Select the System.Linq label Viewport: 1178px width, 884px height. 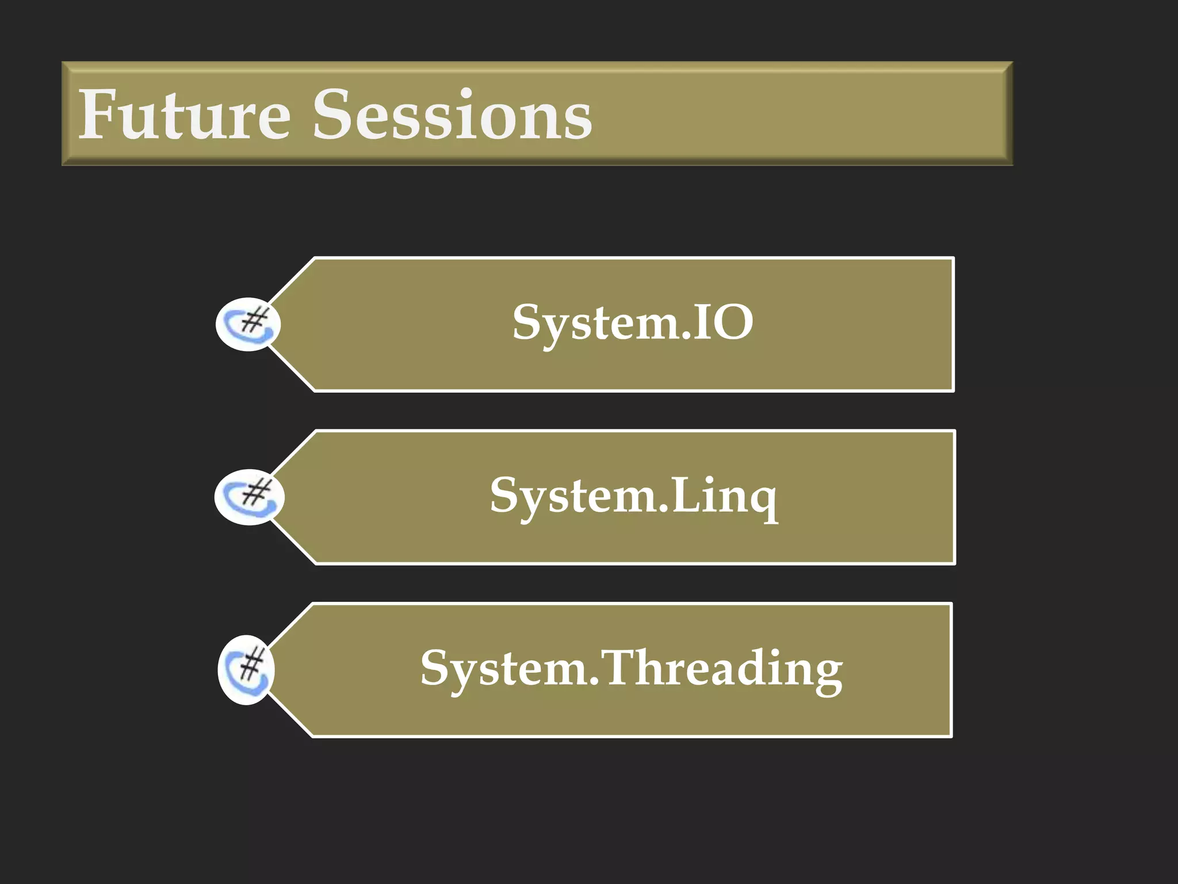[x=633, y=496]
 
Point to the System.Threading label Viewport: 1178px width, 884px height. [x=632, y=669]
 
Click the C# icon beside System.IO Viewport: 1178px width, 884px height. [x=248, y=324]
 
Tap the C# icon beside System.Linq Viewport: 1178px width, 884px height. [x=248, y=497]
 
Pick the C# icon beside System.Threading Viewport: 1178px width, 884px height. [x=246, y=669]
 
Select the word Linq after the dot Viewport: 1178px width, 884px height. [x=725, y=496]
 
